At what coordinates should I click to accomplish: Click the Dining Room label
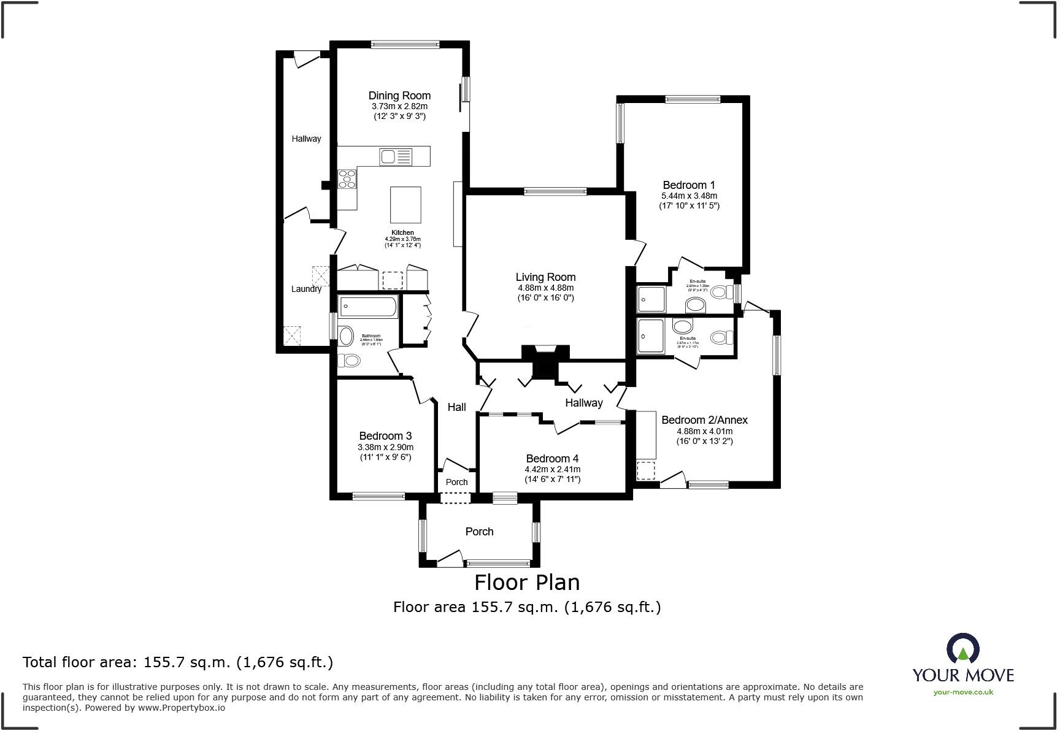coord(399,96)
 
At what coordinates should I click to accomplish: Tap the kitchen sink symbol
coord(396,157)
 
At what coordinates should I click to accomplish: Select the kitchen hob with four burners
coord(347,178)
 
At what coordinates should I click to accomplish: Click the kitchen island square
coord(405,205)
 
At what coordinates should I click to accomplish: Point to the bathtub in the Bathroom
coord(368,307)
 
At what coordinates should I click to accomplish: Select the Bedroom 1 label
coord(689,185)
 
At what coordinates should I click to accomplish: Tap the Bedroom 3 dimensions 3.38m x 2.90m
coord(386,447)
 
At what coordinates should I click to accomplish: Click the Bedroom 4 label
coord(552,459)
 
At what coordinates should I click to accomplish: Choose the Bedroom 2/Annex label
coord(704,420)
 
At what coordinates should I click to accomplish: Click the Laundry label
coord(306,289)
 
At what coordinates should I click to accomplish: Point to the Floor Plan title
coord(527,581)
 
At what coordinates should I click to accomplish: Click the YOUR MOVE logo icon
coord(962,648)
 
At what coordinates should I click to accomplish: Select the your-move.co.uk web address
coord(963,692)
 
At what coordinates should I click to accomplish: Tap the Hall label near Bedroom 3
coord(456,407)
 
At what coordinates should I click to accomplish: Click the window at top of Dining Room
coord(405,44)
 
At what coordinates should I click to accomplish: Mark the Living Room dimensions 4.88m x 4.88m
coord(545,288)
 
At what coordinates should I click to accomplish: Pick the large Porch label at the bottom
coord(479,532)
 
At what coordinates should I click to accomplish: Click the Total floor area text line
coord(178,662)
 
